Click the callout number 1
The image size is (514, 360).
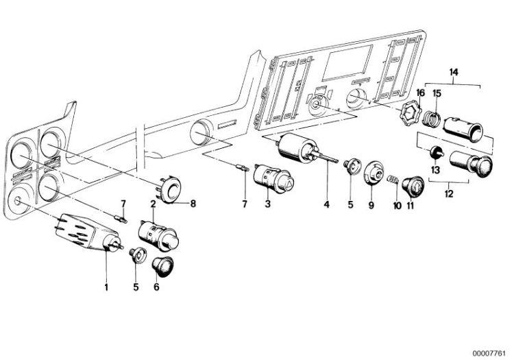pos(106,287)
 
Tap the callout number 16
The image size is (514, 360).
pos(420,93)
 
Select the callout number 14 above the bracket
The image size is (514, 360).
pos(454,72)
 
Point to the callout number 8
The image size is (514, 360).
pos(193,204)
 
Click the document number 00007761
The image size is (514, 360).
pos(491,353)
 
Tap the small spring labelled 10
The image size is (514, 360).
pos(393,180)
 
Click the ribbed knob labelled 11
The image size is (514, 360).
pos(413,185)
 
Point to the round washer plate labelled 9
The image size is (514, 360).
pos(374,173)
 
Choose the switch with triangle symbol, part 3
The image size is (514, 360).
pos(274,178)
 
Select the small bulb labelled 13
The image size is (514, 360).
pos(436,152)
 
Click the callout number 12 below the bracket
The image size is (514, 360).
pos(449,193)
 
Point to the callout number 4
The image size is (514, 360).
pos(326,204)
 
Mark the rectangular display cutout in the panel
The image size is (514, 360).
pos(347,63)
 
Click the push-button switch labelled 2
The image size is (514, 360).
pos(158,235)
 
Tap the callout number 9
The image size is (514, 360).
pos(371,205)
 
